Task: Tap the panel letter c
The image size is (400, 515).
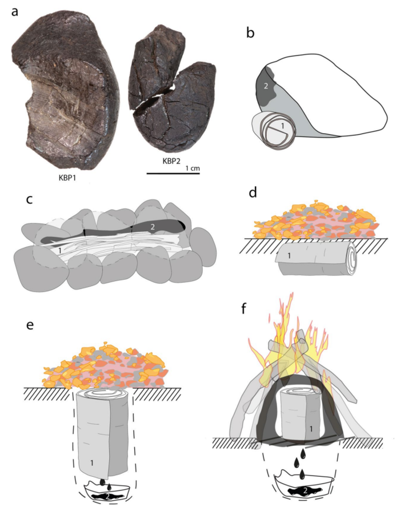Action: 30,199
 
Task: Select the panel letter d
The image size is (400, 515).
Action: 253,192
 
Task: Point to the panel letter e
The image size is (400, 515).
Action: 30,325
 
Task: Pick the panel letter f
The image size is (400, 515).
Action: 243,309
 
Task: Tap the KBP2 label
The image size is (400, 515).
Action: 171,161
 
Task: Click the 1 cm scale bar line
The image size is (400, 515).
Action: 173,173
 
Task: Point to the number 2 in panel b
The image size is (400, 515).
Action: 266,86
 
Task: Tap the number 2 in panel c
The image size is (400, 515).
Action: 152,226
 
